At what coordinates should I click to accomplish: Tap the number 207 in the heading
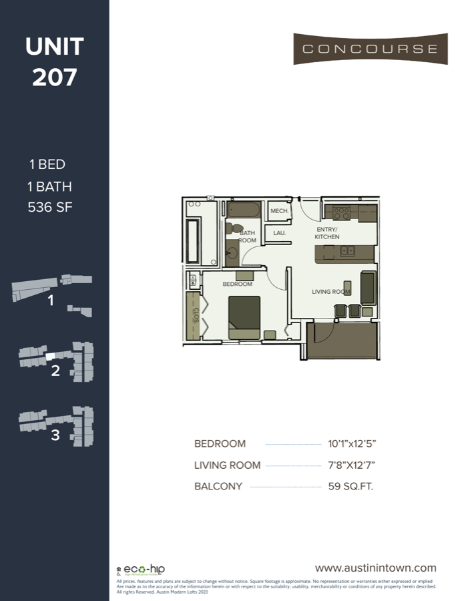(55, 77)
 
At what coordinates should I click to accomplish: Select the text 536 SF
(50, 207)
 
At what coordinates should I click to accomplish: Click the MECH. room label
(279, 211)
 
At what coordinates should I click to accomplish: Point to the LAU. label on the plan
(280, 233)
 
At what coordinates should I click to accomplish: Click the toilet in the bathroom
(230, 228)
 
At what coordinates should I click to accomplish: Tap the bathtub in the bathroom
(243, 210)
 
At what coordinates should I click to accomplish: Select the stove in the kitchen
(342, 214)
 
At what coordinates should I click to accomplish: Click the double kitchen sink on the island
(347, 252)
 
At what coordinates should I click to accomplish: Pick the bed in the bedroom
(244, 317)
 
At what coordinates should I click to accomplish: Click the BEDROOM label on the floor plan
(238, 284)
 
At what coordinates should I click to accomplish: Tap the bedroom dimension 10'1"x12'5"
(357, 444)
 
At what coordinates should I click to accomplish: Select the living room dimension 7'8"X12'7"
(357, 465)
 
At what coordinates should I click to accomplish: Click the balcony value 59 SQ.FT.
(351, 486)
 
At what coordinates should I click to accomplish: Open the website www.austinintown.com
(375, 568)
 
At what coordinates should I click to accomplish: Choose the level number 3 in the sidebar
(55, 435)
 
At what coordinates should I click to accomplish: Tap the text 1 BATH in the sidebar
(50, 186)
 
